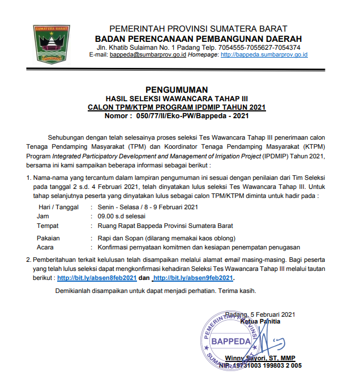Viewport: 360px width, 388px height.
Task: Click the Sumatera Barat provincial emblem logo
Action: click(54, 43)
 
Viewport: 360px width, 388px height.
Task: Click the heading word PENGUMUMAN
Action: click(177, 89)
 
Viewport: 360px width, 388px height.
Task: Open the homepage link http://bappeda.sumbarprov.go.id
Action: click(264, 55)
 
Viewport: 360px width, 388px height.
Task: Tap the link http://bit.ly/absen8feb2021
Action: click(97, 279)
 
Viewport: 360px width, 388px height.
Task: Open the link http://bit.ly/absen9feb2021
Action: click(194, 279)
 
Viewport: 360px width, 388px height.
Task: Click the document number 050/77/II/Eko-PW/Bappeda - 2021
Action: click(191, 116)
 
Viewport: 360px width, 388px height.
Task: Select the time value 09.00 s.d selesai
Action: click(122, 215)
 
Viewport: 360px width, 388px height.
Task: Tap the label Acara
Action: click(46, 247)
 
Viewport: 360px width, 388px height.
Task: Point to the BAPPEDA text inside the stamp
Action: click(230, 342)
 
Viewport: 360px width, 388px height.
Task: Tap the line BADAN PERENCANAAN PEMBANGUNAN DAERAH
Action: click(198, 38)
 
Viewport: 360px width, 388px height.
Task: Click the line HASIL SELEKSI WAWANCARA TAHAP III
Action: click(177, 98)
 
